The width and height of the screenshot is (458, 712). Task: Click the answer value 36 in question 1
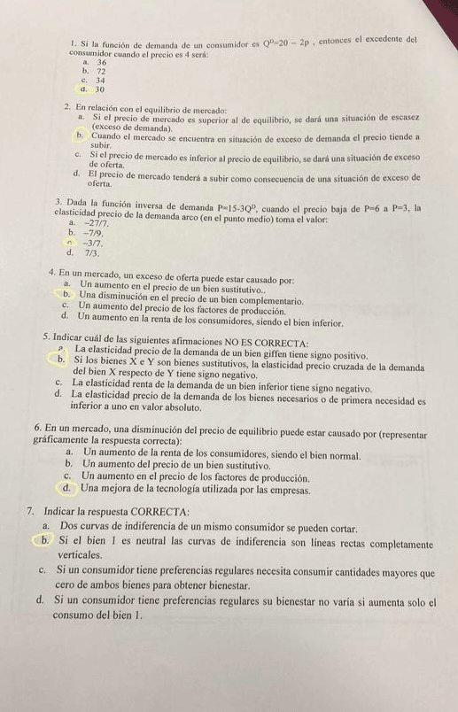102,63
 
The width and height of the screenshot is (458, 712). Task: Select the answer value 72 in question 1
102,72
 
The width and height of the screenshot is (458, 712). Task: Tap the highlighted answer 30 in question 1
101,89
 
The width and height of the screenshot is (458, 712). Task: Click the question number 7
30,511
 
